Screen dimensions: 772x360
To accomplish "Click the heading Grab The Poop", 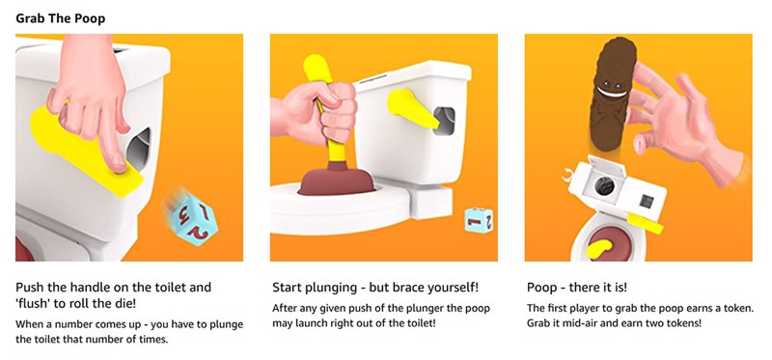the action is pyautogui.click(x=60, y=18).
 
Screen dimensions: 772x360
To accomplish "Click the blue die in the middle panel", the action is pyautogui.click(x=479, y=220).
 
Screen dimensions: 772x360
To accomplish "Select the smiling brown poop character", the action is pyautogui.click(x=612, y=93).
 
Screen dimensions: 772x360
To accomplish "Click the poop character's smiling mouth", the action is pyautogui.click(x=612, y=92).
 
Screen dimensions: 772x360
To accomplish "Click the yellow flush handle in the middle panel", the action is pyautogui.click(x=413, y=109).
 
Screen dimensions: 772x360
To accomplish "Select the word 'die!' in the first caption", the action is pyautogui.click(x=125, y=304).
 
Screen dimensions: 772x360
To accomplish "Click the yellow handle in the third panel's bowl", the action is pyautogui.click(x=597, y=249).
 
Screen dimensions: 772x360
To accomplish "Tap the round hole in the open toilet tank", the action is pyautogui.click(x=604, y=186).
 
